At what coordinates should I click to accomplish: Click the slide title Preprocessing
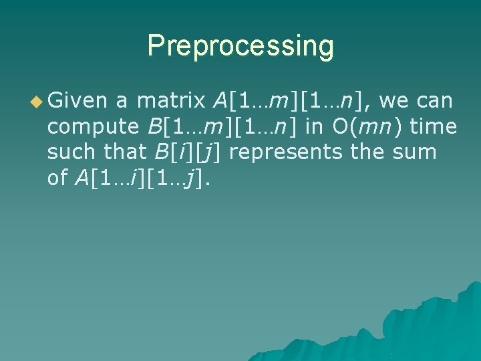240,46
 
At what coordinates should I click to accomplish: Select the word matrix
170,101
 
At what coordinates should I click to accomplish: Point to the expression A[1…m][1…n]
291,101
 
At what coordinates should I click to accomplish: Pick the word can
436,101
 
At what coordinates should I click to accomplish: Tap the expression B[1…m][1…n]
219,126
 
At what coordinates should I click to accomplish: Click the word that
126,152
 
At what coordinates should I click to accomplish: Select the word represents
291,152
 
